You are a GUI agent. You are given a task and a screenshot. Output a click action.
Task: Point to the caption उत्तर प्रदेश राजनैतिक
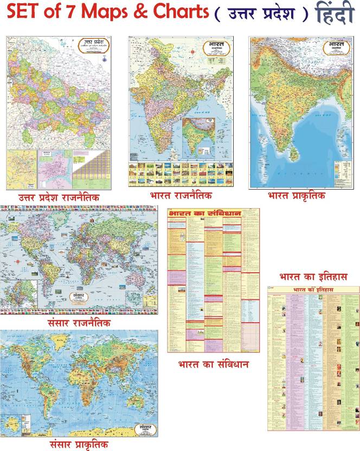(59, 197)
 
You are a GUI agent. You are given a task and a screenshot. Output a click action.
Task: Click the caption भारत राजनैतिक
(181, 195)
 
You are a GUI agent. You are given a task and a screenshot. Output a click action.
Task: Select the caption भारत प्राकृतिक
(297, 195)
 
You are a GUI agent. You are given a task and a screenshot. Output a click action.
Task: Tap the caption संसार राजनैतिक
(79, 324)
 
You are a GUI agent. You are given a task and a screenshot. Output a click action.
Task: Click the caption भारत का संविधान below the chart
(213, 364)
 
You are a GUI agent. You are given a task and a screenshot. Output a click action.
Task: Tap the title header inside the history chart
(313, 291)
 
